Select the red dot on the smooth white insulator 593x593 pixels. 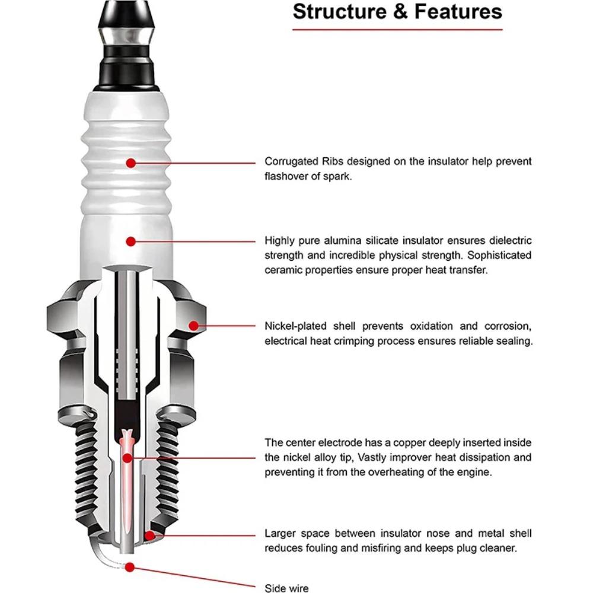[x=131, y=241]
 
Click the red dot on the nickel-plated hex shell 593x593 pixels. [x=194, y=325]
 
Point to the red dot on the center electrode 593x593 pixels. [x=127, y=457]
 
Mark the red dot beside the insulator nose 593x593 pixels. [x=151, y=535]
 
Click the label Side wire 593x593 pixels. [x=286, y=588]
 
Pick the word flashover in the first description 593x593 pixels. [x=287, y=177]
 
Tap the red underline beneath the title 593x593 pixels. [x=397, y=29]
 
